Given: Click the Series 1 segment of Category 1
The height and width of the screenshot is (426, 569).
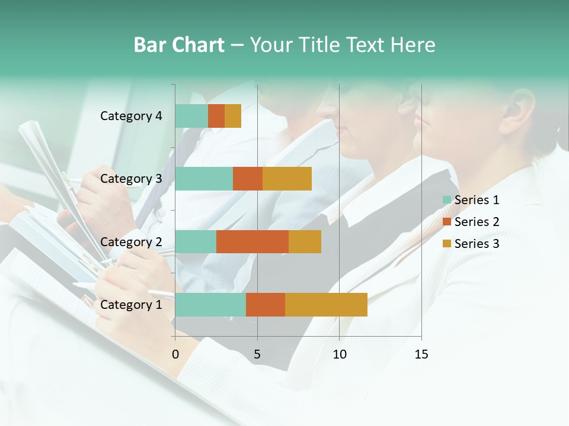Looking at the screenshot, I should coord(210,305).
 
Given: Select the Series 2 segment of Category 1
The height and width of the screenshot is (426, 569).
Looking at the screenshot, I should coord(266,305).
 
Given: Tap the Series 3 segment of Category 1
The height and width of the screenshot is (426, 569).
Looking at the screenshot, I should coord(326,305).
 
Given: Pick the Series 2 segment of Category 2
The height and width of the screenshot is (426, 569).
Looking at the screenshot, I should coord(252,241).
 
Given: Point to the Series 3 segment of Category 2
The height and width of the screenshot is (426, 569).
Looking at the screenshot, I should coord(305,241).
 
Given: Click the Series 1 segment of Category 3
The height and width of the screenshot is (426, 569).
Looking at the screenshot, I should coord(204,179).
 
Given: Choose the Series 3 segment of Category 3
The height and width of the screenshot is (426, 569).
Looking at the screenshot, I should coord(287,179).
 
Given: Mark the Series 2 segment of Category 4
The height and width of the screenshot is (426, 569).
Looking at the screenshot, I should coord(216,116).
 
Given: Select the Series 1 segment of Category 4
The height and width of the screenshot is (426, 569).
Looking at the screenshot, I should coord(191,116).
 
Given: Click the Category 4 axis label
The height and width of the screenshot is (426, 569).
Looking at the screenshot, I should coord(131,116).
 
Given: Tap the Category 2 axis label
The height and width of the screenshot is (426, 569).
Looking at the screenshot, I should coord(131,241).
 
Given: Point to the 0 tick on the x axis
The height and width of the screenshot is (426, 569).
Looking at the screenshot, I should coord(175,354).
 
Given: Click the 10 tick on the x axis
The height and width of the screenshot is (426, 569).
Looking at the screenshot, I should coord(339,354).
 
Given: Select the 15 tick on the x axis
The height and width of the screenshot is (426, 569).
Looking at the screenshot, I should coord(421,354).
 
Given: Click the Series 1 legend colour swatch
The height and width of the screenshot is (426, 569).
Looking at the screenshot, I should coord(447,200).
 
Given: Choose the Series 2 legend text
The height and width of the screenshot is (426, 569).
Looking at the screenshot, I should coord(477,222).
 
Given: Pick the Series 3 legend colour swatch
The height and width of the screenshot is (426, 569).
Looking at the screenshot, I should coord(447,244).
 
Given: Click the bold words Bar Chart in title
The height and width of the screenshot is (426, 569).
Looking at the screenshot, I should coord(179,45).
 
